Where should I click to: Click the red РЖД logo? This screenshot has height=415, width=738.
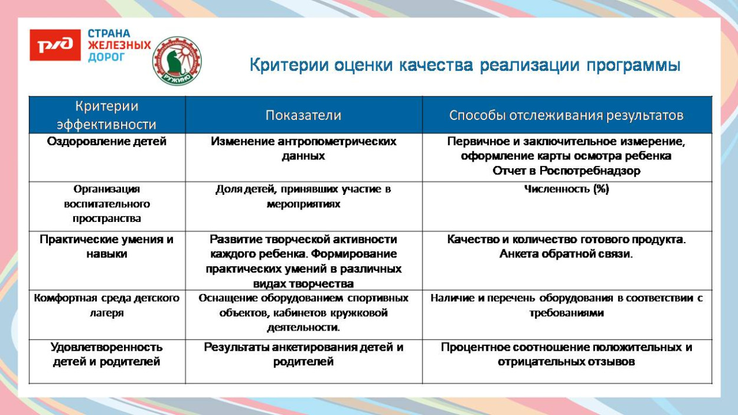(x=55, y=45)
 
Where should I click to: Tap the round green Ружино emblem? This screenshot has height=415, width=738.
(x=177, y=61)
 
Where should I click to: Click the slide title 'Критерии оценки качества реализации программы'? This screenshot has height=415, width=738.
(x=465, y=65)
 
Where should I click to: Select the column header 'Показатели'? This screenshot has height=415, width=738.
(x=303, y=115)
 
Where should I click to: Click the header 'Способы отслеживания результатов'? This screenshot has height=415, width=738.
(x=566, y=115)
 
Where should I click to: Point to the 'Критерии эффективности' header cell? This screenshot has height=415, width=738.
(x=107, y=115)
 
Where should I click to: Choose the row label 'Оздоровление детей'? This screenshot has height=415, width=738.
(x=107, y=142)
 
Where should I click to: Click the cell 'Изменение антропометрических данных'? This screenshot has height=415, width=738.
(x=303, y=149)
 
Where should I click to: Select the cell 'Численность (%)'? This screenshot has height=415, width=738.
(x=566, y=189)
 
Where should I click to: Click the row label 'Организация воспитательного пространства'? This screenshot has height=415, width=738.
(x=107, y=204)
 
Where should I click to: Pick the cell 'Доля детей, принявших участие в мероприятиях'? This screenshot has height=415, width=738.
(x=303, y=197)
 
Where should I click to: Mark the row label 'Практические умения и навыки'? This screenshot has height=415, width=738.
(x=107, y=247)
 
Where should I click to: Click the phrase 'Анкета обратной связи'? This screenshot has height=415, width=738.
(x=565, y=254)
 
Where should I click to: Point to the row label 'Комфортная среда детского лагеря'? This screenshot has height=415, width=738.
(x=107, y=305)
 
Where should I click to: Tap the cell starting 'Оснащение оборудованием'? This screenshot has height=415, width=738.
(x=303, y=312)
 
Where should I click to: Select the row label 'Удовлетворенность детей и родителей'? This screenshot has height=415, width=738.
(x=107, y=354)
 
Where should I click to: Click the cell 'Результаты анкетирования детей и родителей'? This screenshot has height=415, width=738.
(x=303, y=354)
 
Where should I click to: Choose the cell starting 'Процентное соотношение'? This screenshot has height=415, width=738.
(x=566, y=354)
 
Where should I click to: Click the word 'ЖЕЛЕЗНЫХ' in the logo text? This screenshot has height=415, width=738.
(x=119, y=45)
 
